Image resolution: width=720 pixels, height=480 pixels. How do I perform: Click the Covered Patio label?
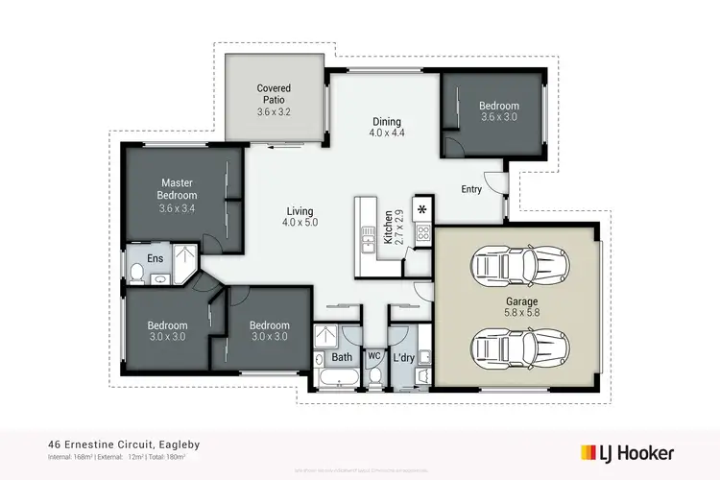[x=274, y=100]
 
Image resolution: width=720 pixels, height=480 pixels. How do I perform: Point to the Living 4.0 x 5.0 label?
[x=300, y=216]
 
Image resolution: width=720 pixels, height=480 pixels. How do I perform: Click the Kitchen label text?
[x=389, y=228]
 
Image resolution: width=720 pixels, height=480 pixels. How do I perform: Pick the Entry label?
[x=471, y=189]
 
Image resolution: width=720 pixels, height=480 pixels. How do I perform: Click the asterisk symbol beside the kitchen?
[x=422, y=208]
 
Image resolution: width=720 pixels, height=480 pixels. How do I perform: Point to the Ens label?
[x=155, y=257]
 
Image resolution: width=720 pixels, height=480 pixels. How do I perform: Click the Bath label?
[x=341, y=358]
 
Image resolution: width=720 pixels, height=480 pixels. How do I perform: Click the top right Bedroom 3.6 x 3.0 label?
[x=499, y=111]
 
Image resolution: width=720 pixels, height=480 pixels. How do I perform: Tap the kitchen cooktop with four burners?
[x=423, y=231]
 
